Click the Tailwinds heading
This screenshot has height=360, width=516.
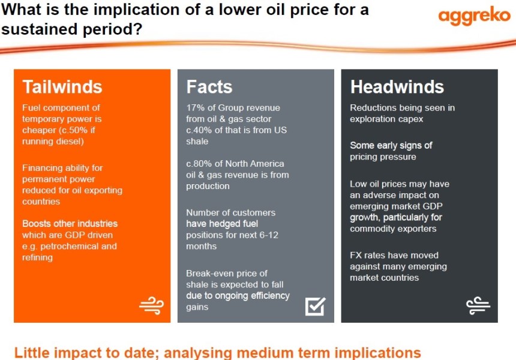pyautogui.click(x=62, y=87)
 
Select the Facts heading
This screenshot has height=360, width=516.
pyautogui.click(x=209, y=87)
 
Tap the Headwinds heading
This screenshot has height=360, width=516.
pyautogui.click(x=397, y=87)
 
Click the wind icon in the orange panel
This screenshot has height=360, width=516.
pyautogui.click(x=151, y=305)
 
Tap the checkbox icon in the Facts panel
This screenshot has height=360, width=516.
pyautogui.click(x=315, y=305)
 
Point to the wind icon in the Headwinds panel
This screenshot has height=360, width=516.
pyautogui.click(x=478, y=305)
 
